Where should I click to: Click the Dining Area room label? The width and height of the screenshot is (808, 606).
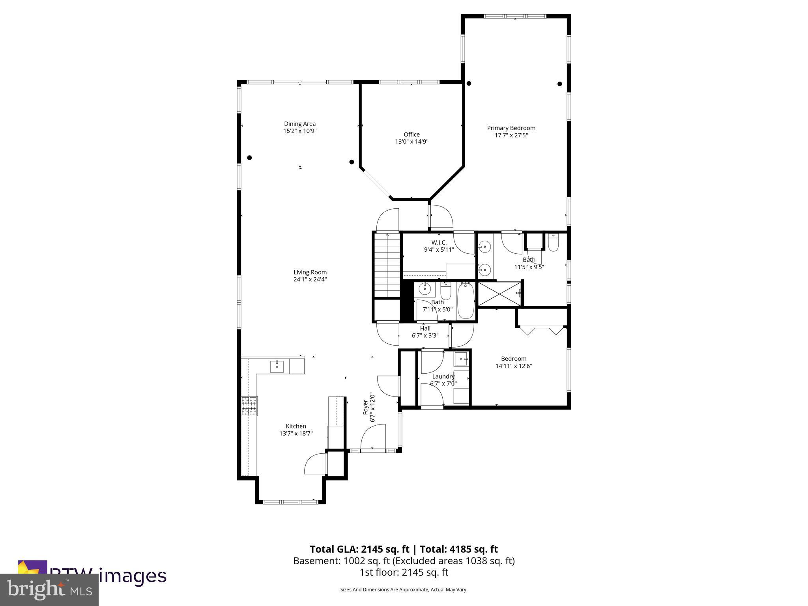[x=300, y=124]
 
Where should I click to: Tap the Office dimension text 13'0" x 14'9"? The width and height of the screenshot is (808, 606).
[x=411, y=142]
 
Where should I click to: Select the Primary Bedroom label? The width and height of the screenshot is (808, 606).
[x=511, y=128]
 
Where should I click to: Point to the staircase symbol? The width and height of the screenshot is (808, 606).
[x=387, y=264]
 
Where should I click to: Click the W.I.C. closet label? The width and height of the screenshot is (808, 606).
[x=439, y=243]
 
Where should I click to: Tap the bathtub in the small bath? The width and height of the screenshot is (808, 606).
[x=466, y=301]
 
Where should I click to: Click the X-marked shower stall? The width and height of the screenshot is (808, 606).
[x=499, y=293]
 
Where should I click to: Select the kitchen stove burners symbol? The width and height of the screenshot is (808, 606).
[x=249, y=406]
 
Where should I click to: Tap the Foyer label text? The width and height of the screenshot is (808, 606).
[x=366, y=407]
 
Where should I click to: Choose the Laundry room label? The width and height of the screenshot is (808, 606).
[x=443, y=376]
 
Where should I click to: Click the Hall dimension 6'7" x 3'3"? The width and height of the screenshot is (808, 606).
[x=425, y=336]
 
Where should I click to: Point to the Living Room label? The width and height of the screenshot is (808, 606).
[x=310, y=272]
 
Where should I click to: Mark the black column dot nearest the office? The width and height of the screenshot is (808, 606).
[x=352, y=162]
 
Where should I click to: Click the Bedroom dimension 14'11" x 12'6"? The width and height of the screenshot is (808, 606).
[x=514, y=366]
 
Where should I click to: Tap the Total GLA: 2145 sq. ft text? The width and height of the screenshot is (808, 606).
[x=359, y=549]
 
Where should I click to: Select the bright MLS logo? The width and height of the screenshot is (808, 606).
[x=49, y=589]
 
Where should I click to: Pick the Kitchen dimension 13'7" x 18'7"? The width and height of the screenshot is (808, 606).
[x=296, y=433]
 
